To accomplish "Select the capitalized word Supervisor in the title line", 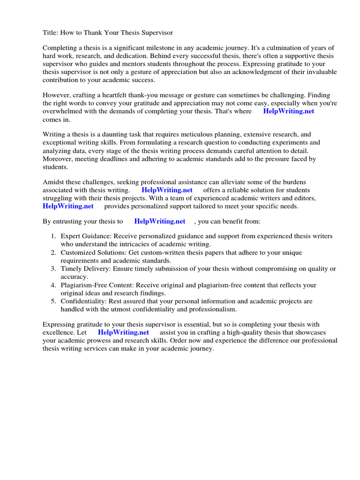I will [156, 32].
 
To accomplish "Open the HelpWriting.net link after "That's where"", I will [288, 111].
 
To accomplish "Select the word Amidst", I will [53, 182].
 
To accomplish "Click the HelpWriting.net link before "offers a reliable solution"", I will [167, 190].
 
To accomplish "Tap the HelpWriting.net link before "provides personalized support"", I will [68, 206].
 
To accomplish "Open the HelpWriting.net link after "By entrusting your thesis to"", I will [159, 221].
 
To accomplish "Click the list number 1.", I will [53, 236].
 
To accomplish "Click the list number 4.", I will [53, 285].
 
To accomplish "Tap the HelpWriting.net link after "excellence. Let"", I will [123, 332].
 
